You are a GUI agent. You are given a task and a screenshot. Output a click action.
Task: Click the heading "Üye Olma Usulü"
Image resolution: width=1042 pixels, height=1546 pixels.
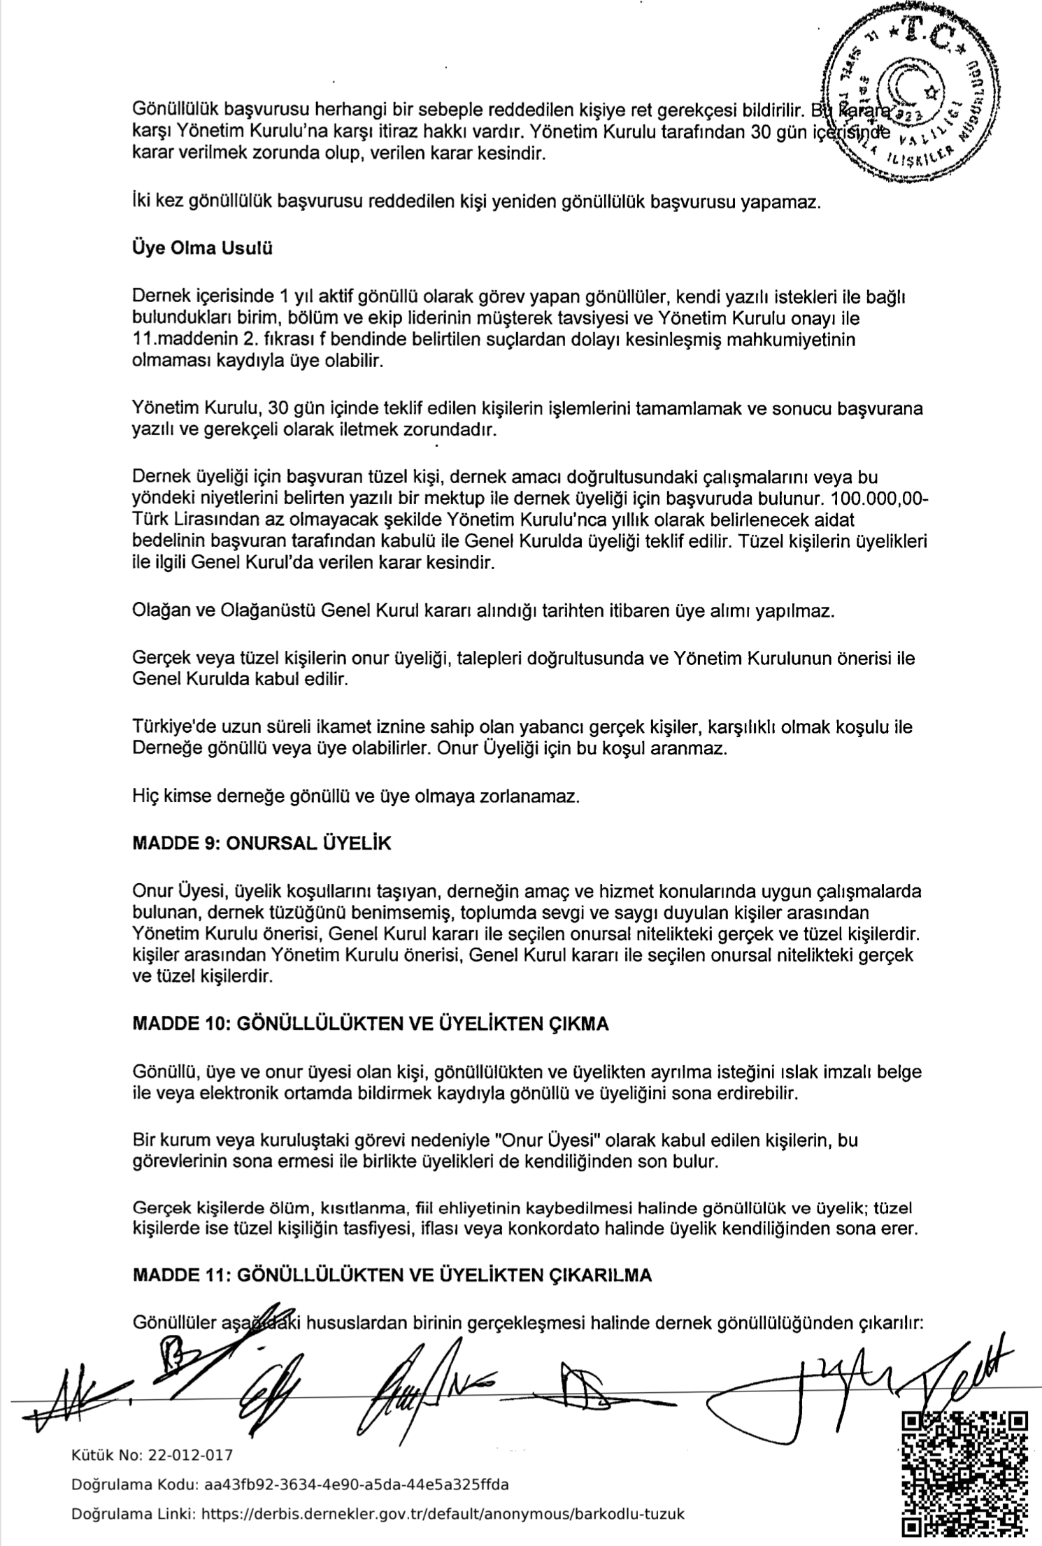point(202,249)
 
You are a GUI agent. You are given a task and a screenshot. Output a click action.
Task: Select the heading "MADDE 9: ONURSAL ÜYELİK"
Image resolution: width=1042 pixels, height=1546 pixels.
point(262,843)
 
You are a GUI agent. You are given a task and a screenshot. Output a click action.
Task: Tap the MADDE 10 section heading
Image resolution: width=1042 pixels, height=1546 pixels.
point(370,1024)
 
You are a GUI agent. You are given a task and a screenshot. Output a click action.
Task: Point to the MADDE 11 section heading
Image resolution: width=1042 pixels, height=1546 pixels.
point(392,1275)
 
